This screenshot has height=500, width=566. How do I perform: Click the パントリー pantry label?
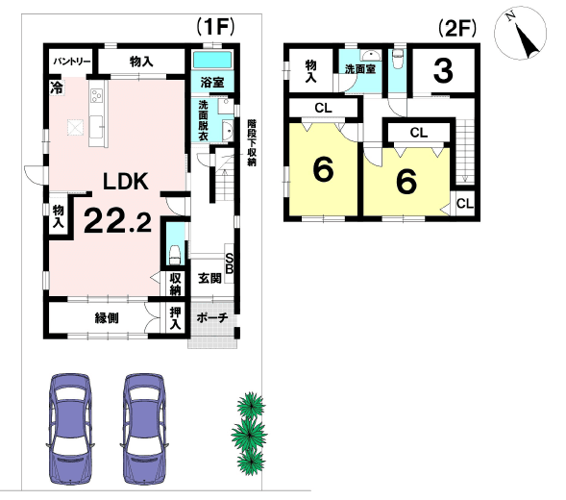click(72, 62)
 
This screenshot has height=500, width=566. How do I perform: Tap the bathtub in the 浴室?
click(212, 60)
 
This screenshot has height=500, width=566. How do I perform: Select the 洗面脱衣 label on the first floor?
click(203, 120)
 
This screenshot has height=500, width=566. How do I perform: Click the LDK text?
click(126, 182)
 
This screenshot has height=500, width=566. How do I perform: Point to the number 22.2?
click(117, 221)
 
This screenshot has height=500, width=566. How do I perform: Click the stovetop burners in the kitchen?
click(97, 95)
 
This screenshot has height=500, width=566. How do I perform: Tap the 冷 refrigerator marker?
click(56, 88)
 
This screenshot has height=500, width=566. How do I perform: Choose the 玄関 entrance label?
click(209, 278)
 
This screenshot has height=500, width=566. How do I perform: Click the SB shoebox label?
click(230, 263)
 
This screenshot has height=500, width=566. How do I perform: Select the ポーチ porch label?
click(212, 318)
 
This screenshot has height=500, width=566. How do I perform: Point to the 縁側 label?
click(107, 318)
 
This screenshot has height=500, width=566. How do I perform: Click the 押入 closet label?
click(175, 318)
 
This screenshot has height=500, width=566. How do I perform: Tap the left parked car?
click(69, 429)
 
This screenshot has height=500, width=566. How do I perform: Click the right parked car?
click(144, 429)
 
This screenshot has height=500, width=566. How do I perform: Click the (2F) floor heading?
click(457, 28)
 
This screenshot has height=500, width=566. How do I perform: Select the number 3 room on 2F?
click(443, 71)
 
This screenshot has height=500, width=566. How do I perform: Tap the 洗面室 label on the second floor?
click(360, 68)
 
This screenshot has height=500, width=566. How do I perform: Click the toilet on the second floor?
click(397, 60)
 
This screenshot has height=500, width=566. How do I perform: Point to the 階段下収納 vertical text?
click(252, 142)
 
